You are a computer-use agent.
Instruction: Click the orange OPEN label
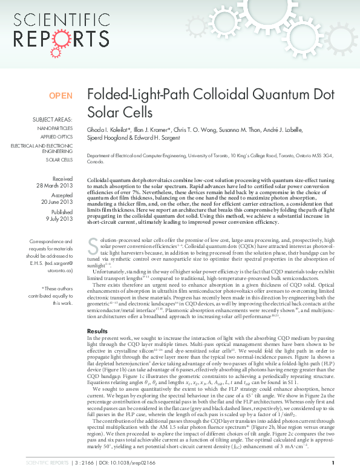[x=61, y=96]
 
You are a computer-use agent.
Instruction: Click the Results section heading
[x=97, y=331]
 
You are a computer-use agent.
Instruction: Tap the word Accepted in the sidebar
[x=62, y=196]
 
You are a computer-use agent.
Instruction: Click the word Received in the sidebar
[x=62, y=179]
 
